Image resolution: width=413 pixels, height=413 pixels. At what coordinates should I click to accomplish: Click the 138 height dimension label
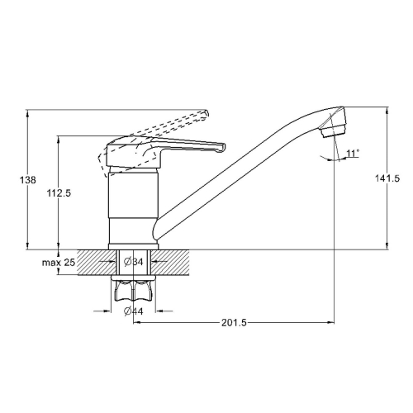click(28, 180)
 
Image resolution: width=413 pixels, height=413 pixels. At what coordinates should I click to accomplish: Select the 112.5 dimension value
click(59, 193)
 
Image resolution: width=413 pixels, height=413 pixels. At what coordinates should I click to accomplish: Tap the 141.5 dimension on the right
click(387, 178)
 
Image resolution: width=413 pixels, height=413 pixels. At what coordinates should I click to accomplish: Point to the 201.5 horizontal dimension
click(235, 322)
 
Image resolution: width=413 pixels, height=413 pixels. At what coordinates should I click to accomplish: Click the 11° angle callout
click(353, 154)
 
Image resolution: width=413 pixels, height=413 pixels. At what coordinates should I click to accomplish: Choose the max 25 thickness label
click(59, 263)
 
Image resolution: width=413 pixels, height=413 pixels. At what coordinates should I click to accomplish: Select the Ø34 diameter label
click(134, 262)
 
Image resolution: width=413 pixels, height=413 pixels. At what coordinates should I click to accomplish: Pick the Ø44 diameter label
click(134, 311)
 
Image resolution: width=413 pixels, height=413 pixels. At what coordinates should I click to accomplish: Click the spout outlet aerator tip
click(334, 133)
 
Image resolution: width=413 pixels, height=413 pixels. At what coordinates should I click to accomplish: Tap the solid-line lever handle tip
click(222, 147)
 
